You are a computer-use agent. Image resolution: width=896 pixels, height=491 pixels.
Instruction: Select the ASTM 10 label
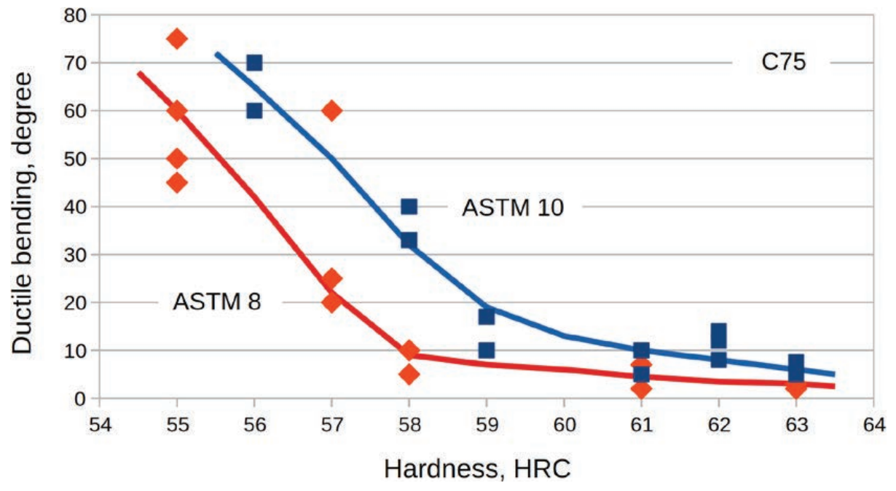513,208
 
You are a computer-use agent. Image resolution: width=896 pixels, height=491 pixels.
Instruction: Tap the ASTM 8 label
216,301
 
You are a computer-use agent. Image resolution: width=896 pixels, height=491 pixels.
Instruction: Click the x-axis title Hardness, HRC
477,470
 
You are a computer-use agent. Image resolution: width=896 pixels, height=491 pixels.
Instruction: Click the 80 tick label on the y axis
73,15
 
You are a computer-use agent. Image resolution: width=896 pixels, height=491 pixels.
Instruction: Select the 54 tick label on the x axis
100,423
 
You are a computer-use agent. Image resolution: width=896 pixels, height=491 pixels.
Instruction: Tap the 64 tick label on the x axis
873,423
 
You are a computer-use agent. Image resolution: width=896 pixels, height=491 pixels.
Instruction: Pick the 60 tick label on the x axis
564,423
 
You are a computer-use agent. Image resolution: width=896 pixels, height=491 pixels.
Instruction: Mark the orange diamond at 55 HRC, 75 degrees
177,39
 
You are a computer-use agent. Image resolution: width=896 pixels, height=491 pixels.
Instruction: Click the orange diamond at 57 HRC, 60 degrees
331,111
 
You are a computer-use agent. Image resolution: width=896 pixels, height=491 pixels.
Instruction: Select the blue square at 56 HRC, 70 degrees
254,63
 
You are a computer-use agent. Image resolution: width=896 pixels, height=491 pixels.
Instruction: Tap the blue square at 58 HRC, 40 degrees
409,207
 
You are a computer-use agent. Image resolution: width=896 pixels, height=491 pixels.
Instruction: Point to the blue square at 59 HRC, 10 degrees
487,350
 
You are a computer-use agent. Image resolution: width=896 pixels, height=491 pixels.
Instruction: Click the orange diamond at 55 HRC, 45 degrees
177,182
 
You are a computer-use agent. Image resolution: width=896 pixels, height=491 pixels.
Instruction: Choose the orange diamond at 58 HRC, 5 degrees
409,374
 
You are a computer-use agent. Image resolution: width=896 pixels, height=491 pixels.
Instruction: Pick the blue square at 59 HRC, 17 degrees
487,316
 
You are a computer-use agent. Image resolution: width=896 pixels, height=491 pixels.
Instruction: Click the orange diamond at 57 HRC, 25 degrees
331,278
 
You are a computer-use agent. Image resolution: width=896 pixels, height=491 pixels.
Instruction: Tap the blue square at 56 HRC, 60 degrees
254,111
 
